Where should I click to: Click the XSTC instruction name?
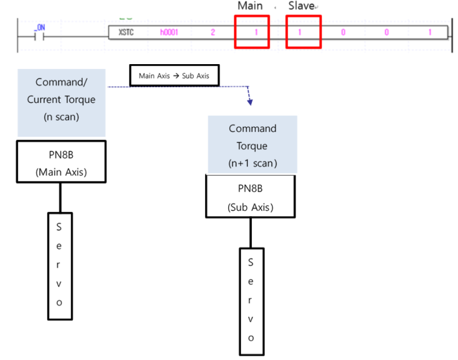coord(126,32)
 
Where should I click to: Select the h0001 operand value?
coord(168,32)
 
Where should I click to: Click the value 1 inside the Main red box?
coord(256,32)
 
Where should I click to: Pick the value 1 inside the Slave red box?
coord(299,32)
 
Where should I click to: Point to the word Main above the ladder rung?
coord(250,6)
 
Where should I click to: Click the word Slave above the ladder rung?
coord(302,6)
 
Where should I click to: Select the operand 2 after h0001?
coord(213,32)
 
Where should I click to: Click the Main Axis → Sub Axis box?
coord(174,76)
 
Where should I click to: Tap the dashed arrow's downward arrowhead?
coord(250,101)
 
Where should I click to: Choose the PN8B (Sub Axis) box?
coord(251,197)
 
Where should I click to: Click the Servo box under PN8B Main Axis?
coord(59,266)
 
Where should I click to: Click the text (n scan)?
coord(61,117)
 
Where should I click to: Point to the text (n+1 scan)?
coord(252,163)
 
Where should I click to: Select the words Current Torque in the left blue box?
coord(61,100)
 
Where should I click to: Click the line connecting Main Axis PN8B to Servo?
coord(59,197)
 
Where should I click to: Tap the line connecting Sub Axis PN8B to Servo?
coord(250,232)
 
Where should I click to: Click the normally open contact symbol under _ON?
coord(39,37)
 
